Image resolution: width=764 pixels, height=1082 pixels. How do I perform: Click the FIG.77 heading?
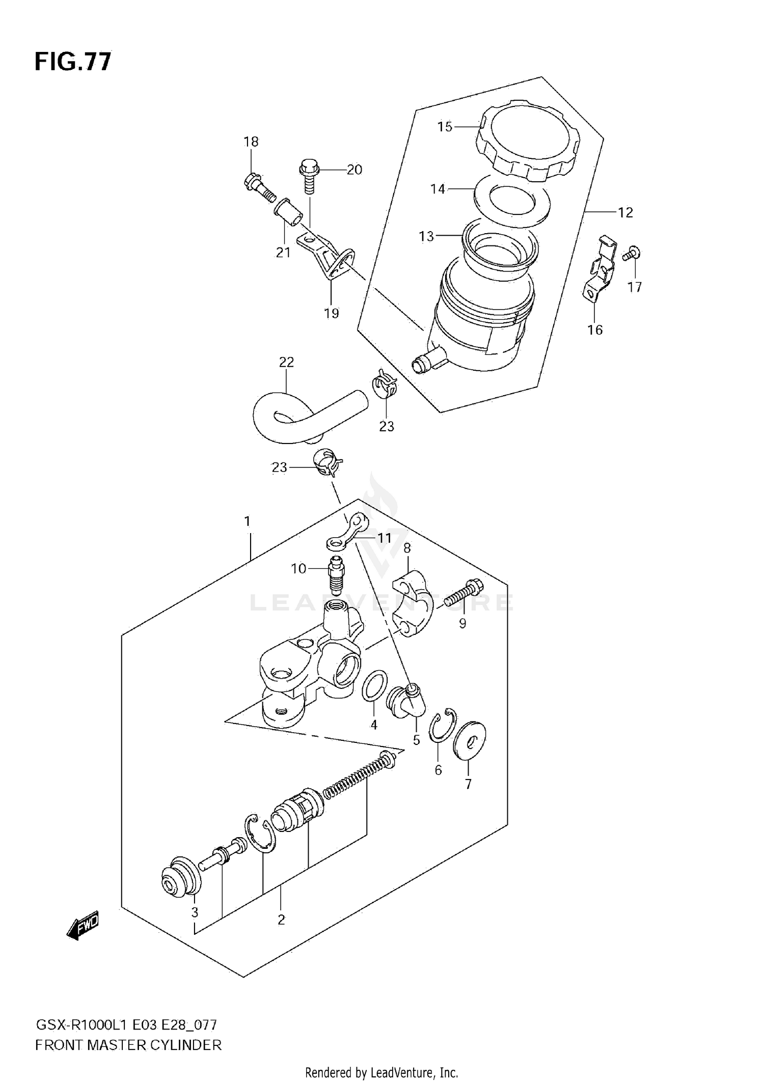click(73, 62)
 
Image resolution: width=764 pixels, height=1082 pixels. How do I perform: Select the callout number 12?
click(625, 212)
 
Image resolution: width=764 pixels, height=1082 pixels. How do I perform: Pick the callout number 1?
click(248, 521)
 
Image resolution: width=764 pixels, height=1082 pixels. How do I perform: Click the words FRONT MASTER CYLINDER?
click(128, 1046)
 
